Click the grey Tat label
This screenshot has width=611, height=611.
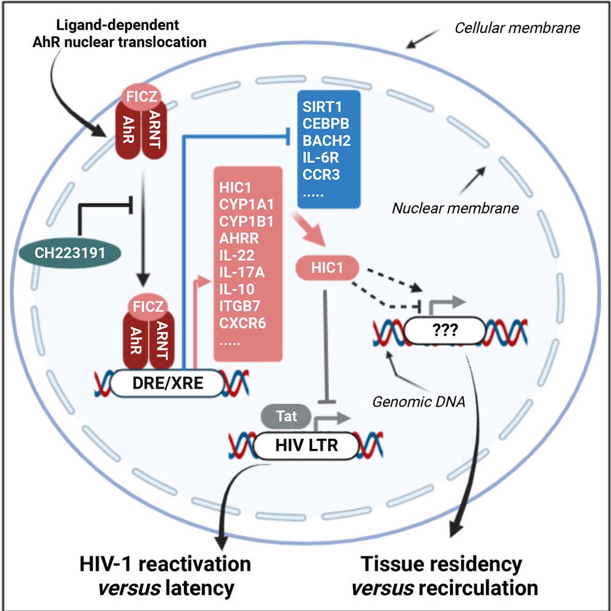(x=287, y=417)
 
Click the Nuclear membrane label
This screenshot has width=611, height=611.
(x=455, y=208)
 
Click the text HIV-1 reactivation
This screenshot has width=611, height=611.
(x=163, y=563)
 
